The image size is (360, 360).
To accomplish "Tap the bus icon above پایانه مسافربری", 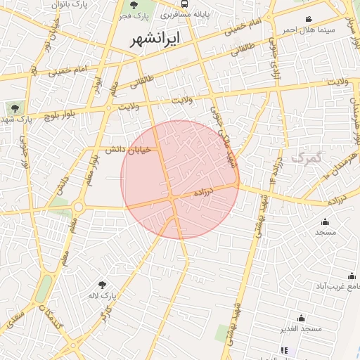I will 184,3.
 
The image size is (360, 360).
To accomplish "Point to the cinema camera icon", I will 308,19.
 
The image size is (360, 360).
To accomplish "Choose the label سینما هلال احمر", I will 308,30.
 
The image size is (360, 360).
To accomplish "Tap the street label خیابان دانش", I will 129,150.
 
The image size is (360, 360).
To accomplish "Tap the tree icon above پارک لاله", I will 103,285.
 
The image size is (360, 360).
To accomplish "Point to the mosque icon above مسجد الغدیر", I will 301,318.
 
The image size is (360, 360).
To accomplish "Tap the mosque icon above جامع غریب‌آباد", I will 351,276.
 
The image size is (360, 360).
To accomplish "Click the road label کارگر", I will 106,316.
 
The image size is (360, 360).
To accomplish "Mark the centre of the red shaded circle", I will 180,180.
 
